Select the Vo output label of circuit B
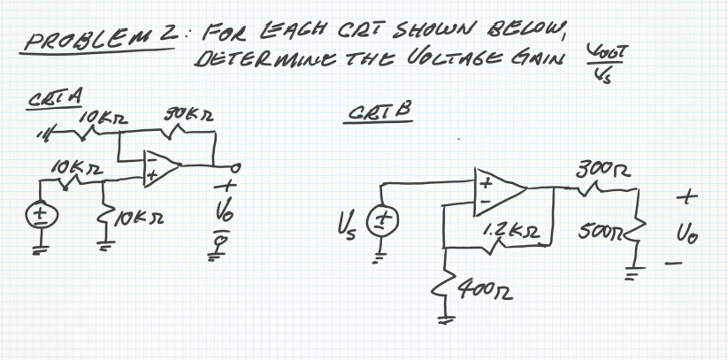690,237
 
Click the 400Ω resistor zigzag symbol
444,283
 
